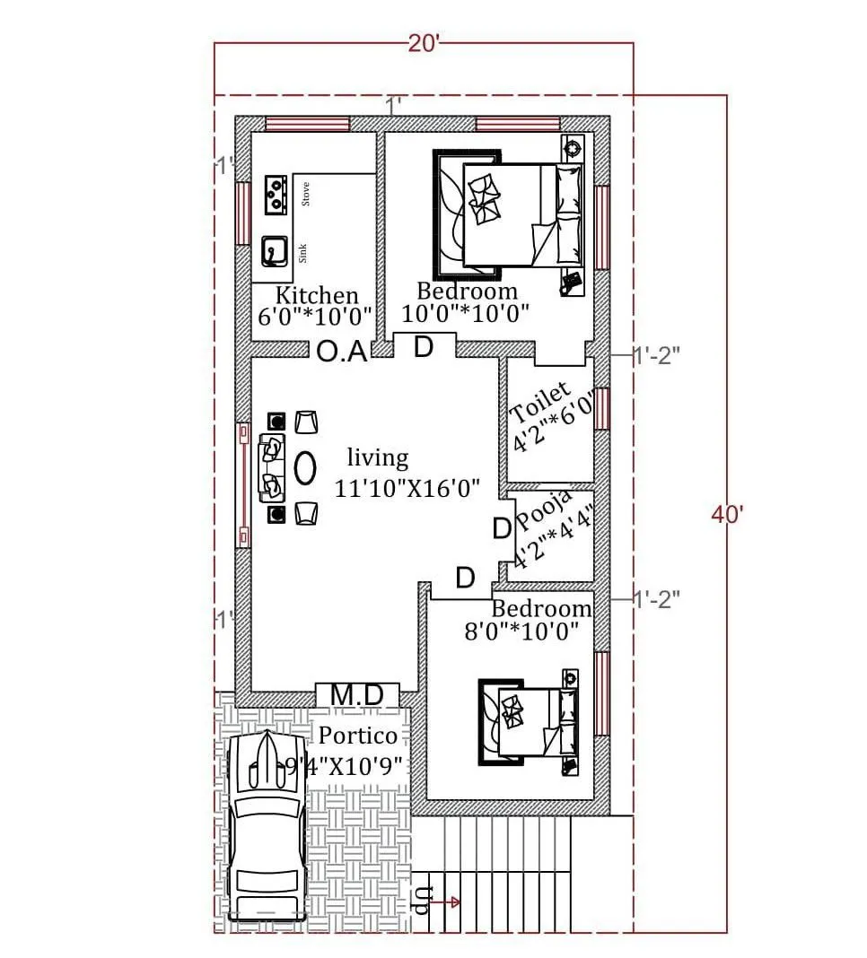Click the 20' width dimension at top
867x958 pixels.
(424, 44)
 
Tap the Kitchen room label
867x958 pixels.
(316, 295)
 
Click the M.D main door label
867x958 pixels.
(357, 694)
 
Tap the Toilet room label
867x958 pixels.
(540, 403)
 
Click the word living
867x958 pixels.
(378, 458)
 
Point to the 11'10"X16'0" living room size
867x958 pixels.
(407, 489)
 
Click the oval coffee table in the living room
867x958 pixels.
(305, 467)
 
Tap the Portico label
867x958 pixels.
(358, 736)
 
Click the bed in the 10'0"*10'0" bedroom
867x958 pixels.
(512, 215)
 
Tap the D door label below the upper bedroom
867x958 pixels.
(424, 347)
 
